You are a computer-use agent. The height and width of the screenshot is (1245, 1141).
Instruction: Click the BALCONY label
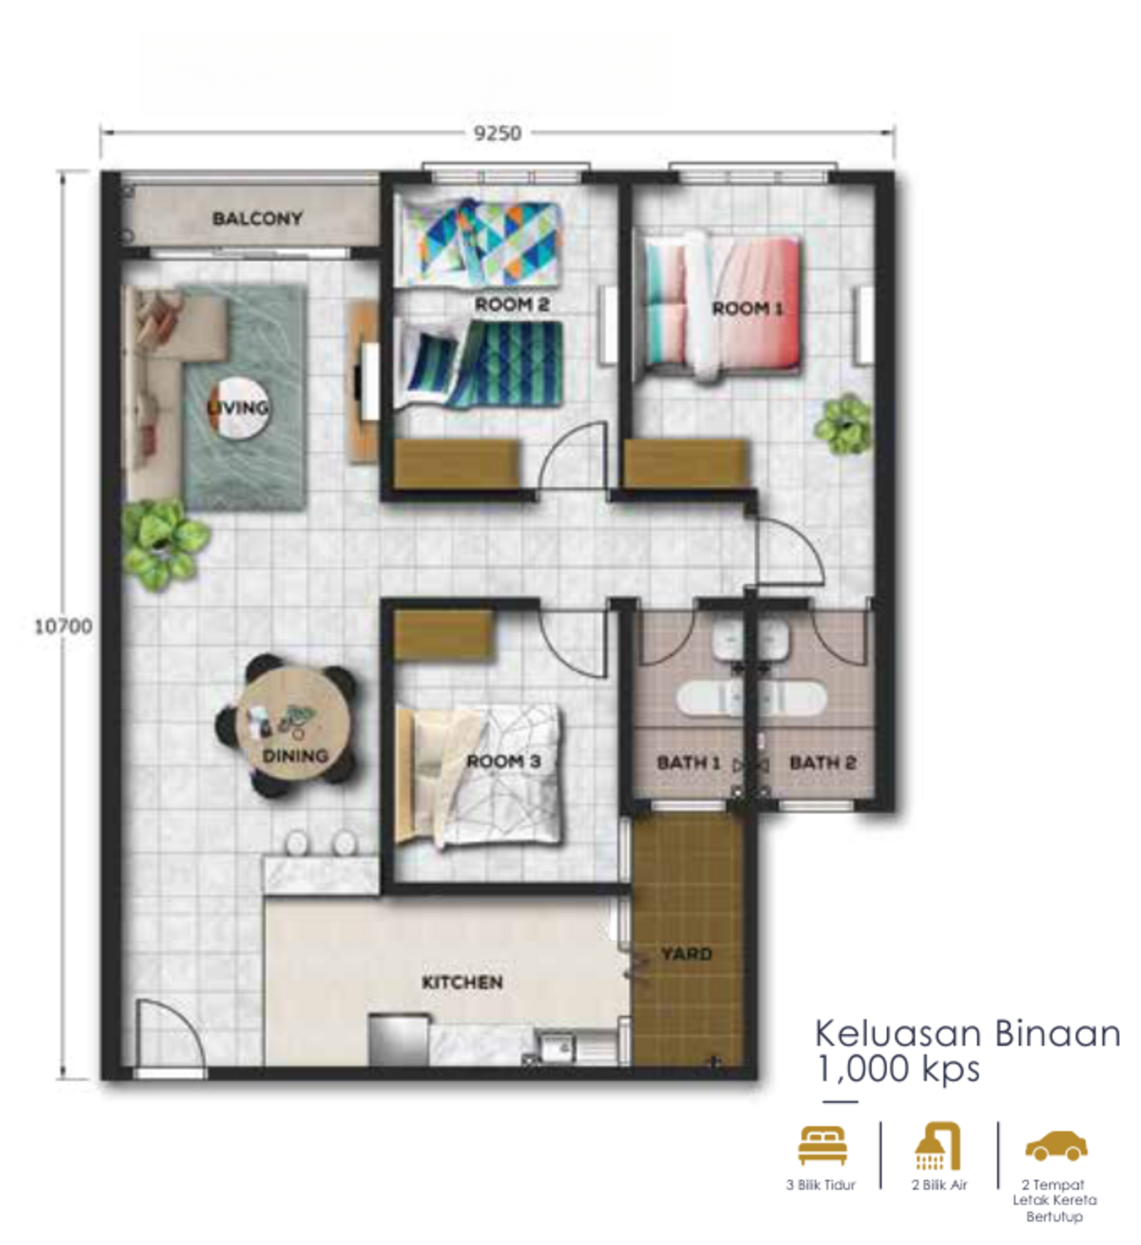257,218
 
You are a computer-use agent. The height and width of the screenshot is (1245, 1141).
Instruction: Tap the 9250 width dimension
497,134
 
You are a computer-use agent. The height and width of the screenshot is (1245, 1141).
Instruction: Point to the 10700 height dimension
63,626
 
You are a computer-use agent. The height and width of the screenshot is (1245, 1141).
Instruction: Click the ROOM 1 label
747,309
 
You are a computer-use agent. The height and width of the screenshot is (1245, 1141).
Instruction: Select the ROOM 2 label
512,305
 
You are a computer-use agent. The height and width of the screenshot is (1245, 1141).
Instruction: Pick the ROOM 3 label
504,761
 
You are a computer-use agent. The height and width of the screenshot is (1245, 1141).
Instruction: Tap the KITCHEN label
462,983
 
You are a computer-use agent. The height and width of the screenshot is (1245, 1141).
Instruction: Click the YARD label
686,954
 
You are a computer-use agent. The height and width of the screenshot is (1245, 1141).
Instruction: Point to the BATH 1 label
689,763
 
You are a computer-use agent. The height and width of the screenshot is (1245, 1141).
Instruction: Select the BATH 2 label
822,763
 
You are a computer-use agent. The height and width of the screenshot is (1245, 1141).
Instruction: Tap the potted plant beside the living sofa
163,544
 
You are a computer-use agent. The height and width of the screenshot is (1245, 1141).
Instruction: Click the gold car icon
1056,1145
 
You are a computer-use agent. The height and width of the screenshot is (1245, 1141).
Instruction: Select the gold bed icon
822,1145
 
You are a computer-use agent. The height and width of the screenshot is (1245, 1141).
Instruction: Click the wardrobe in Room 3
445,634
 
